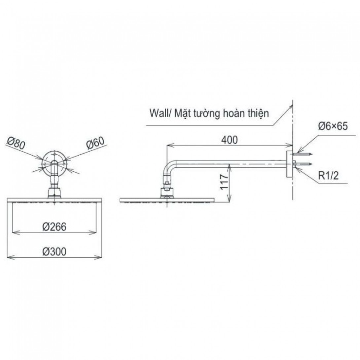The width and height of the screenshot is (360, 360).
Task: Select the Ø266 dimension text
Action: pos(54,227)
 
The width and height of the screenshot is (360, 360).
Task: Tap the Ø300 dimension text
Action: pos(54,251)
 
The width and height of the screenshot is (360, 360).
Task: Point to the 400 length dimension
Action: pos(230,140)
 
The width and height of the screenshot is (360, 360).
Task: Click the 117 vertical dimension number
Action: pos(224,182)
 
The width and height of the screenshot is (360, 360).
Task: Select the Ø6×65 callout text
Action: pos(333,126)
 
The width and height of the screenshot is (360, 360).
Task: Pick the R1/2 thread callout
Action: pos(328,176)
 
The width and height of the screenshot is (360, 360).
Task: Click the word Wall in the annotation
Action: pos(159,113)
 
